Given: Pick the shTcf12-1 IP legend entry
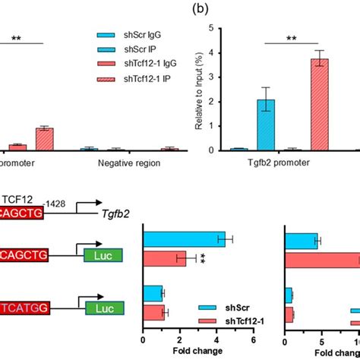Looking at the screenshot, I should (x=131, y=79).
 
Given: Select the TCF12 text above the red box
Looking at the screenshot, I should (x=21, y=198).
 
